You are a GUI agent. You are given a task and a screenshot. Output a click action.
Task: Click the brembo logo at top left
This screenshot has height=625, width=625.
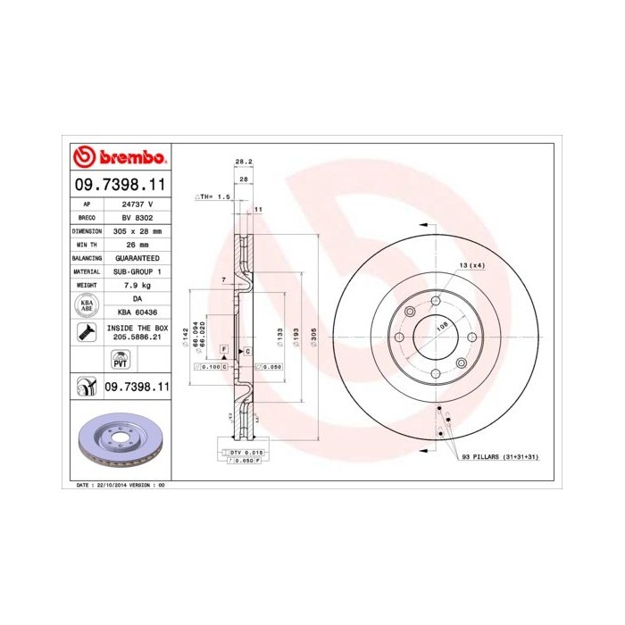[x=120, y=157]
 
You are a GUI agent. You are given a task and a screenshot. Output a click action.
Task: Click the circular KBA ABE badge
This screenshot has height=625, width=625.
[x=87, y=305]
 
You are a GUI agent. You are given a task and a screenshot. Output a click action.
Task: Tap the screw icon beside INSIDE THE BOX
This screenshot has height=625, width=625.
[x=87, y=334]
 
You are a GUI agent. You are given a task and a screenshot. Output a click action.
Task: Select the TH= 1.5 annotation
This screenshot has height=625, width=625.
[x=213, y=195]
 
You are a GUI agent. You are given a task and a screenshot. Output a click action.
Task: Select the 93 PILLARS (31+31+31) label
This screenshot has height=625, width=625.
[x=500, y=456]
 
